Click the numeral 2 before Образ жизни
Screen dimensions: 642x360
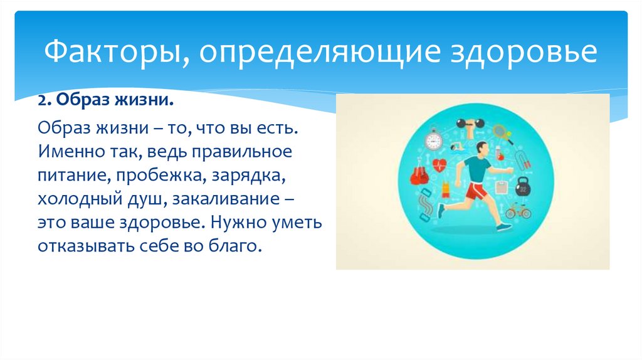pos(42,100)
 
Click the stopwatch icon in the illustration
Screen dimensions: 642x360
pos(433,139)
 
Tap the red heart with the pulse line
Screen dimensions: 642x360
pos(439,165)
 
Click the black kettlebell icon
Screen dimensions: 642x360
pos(523,187)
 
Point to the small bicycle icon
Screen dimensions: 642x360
pos(518,211)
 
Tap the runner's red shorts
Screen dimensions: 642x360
pos(476,191)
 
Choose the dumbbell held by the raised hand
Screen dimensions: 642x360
pos(470,124)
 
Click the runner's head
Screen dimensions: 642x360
pos(482,148)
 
